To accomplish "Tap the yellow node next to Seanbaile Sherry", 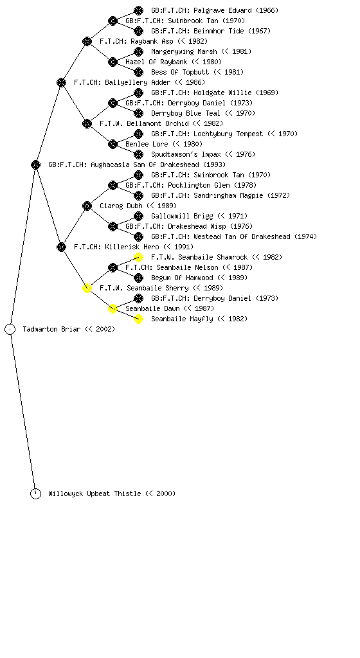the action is point(87,288).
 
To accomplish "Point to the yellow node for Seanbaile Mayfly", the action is point(138,319).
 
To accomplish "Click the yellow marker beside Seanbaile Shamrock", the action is point(138,257).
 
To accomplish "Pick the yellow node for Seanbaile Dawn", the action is point(113,309).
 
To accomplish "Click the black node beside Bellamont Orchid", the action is point(87,123).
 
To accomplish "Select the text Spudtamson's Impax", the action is point(186,154).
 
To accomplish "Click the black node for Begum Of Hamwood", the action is point(138,278).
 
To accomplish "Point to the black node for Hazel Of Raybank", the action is point(113,62).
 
